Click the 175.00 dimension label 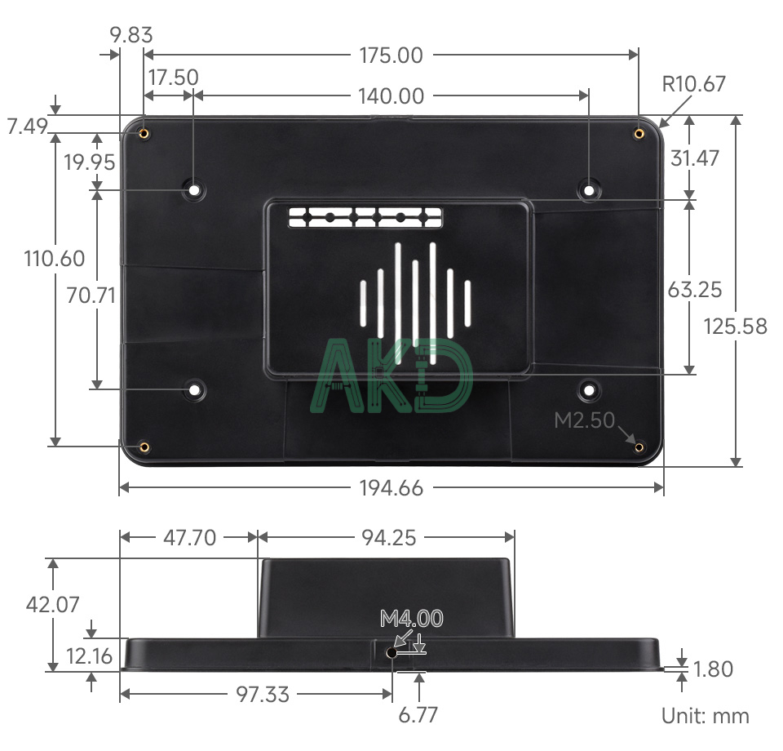(391, 56)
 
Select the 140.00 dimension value (391, 96)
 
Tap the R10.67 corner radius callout (693, 83)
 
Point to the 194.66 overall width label (391, 488)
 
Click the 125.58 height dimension (736, 327)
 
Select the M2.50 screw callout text (584, 420)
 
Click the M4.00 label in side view (412, 619)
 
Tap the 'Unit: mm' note (705, 716)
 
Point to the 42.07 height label (53, 605)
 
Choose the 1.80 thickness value (713, 669)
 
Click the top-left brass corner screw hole (144, 133)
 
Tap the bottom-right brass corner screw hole (639, 447)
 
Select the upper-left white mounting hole (194, 190)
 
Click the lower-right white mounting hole (588, 389)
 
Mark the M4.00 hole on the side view (392, 653)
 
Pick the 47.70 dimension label (188, 537)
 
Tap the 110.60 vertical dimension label (55, 259)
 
